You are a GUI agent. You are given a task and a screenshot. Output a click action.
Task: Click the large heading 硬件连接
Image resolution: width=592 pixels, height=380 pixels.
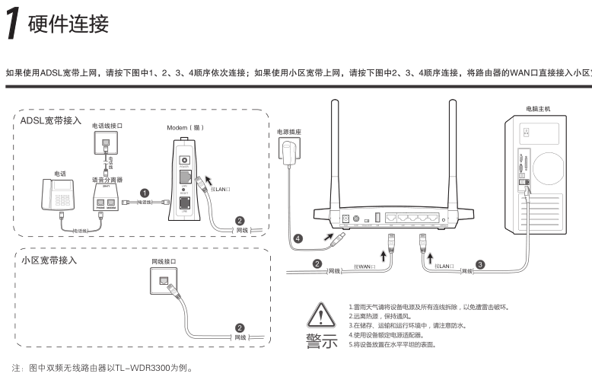pos(68,24)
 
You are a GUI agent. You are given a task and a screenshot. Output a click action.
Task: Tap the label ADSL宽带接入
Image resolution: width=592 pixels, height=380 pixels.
pos(50,120)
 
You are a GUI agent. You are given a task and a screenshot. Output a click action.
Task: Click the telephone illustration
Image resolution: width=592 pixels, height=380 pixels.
pos(59,195)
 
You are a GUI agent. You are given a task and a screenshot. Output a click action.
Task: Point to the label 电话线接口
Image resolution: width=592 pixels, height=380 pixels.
pos(107,125)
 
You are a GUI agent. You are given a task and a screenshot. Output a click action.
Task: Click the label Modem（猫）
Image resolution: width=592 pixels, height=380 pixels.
pos(186,127)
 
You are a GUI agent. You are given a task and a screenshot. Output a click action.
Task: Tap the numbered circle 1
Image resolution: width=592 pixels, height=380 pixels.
pos(145,193)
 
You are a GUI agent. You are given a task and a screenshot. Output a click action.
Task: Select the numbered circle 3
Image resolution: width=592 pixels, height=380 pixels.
pos(480,264)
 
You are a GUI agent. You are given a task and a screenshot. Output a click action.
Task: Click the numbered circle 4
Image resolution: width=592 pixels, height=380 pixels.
pos(298,238)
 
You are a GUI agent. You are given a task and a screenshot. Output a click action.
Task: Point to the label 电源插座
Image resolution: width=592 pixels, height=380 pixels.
pos(288,132)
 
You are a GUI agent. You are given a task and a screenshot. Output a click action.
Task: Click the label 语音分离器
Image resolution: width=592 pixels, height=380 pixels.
pos(107,180)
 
